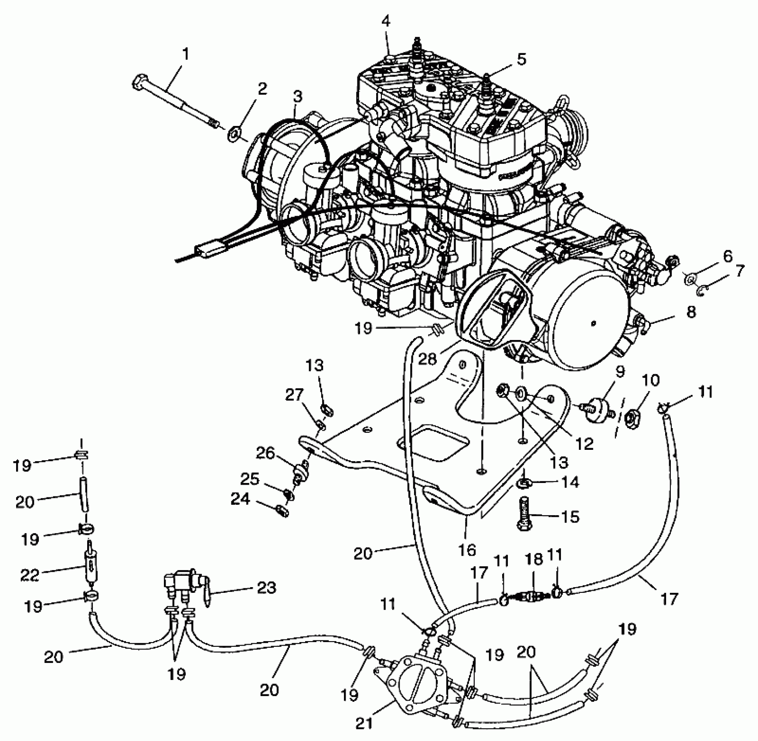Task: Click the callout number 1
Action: pos(186,54)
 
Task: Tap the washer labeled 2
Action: pos(235,133)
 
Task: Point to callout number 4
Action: pos(386,21)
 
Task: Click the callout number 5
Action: pos(521,59)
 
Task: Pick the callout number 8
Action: pos(691,312)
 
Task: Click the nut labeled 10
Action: pos(631,419)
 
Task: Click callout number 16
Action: pos(467,550)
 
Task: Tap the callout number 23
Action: pos(266,588)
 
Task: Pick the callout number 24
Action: pos(240,499)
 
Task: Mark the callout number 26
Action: pos(265,454)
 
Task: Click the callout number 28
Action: pos(427,359)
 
